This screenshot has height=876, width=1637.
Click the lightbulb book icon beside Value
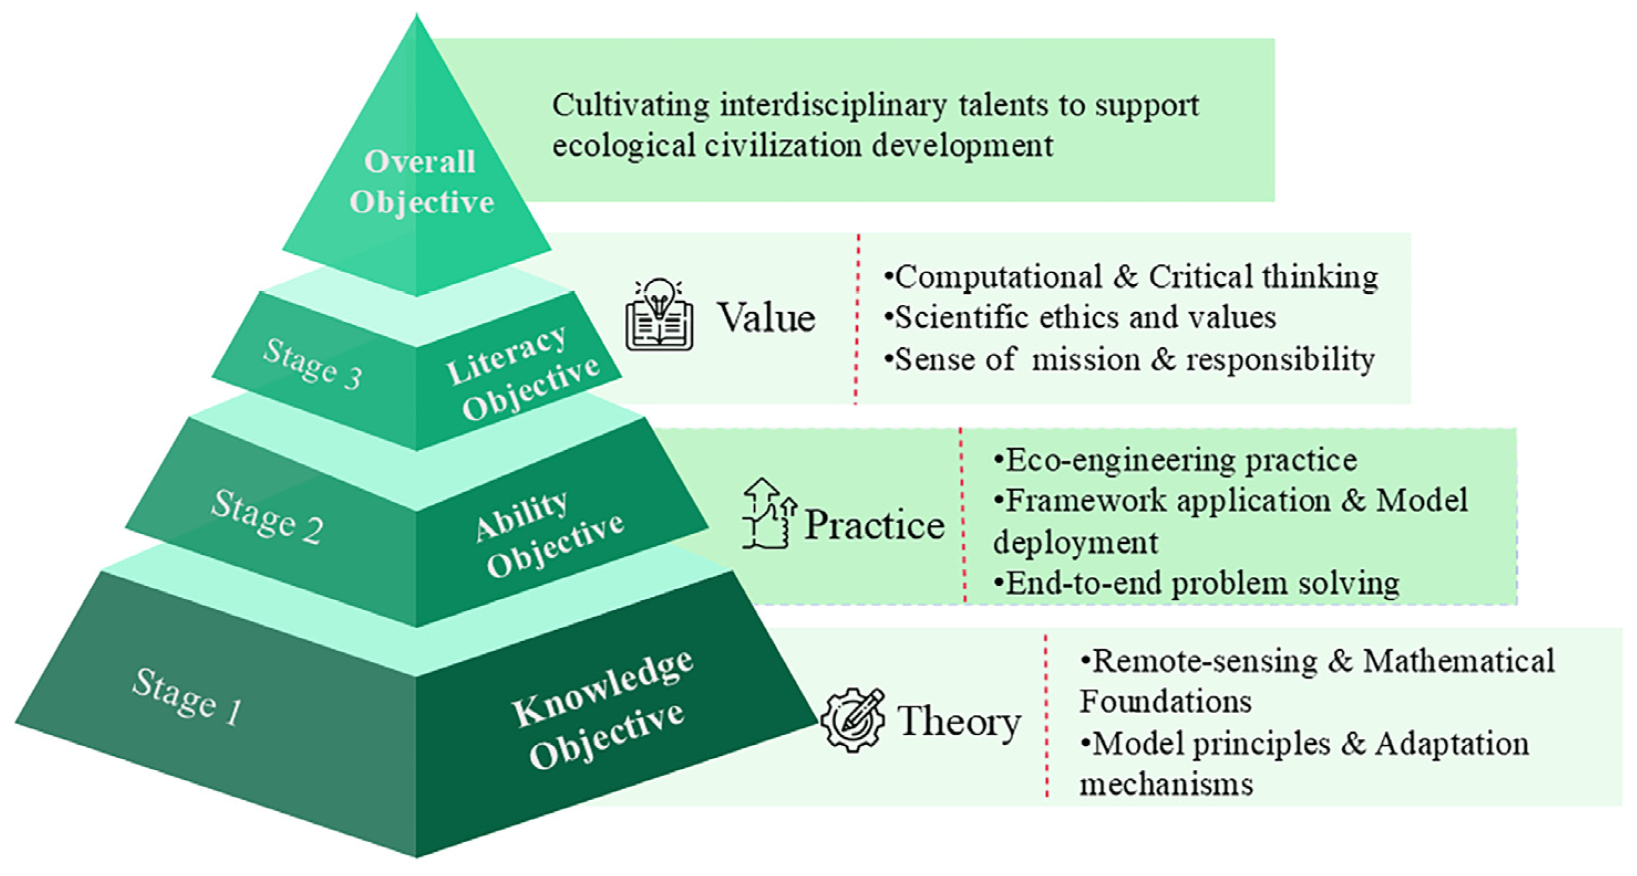[x=659, y=315]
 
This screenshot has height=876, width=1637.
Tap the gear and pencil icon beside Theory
[x=852, y=720]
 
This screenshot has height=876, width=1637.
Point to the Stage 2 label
[x=267, y=517]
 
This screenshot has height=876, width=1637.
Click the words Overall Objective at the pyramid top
[x=421, y=182]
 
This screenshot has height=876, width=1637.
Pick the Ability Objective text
[x=549, y=535]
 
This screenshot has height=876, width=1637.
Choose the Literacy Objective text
[x=522, y=374]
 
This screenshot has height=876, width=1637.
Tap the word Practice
[x=874, y=525]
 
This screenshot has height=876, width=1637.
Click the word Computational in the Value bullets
[x=998, y=277]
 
